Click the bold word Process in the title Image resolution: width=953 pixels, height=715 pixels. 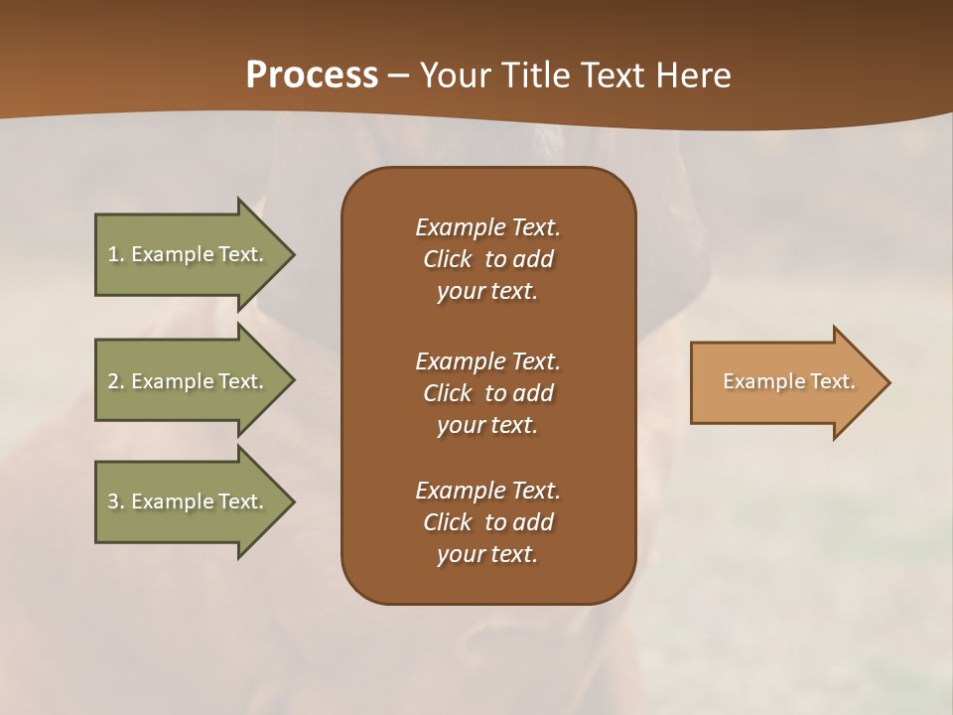coord(312,75)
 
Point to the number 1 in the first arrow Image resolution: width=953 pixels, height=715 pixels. coord(113,254)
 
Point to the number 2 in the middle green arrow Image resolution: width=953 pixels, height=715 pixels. coord(113,381)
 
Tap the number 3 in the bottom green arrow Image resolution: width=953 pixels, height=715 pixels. coord(113,501)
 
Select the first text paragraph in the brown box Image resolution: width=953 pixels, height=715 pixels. coord(487,259)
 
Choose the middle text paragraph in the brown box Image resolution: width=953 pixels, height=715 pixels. coord(487,393)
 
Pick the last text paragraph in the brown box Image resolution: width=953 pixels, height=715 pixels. coord(487,522)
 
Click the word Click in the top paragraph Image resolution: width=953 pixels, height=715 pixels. coord(448,259)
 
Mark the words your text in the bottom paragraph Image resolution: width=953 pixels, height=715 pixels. coord(487,554)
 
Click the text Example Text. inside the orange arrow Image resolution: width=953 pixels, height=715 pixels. coord(788,381)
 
